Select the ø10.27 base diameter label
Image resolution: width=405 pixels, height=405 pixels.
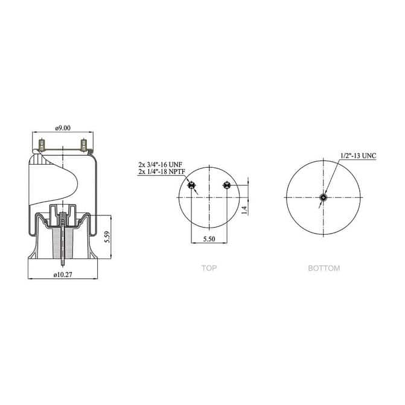(63, 275)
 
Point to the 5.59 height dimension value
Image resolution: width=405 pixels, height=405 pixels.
(106, 237)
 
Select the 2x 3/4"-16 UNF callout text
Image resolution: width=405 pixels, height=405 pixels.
(159, 164)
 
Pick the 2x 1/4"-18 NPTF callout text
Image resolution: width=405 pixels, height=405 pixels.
(161, 172)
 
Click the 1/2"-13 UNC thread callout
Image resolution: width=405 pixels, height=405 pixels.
(358, 156)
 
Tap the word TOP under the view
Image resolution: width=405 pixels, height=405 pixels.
(209, 268)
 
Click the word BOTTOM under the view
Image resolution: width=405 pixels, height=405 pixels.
(324, 268)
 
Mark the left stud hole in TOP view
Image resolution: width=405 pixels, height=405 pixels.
(192, 185)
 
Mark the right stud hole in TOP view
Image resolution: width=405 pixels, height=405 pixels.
(226, 185)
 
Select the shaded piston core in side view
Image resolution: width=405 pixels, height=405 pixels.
(63, 238)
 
